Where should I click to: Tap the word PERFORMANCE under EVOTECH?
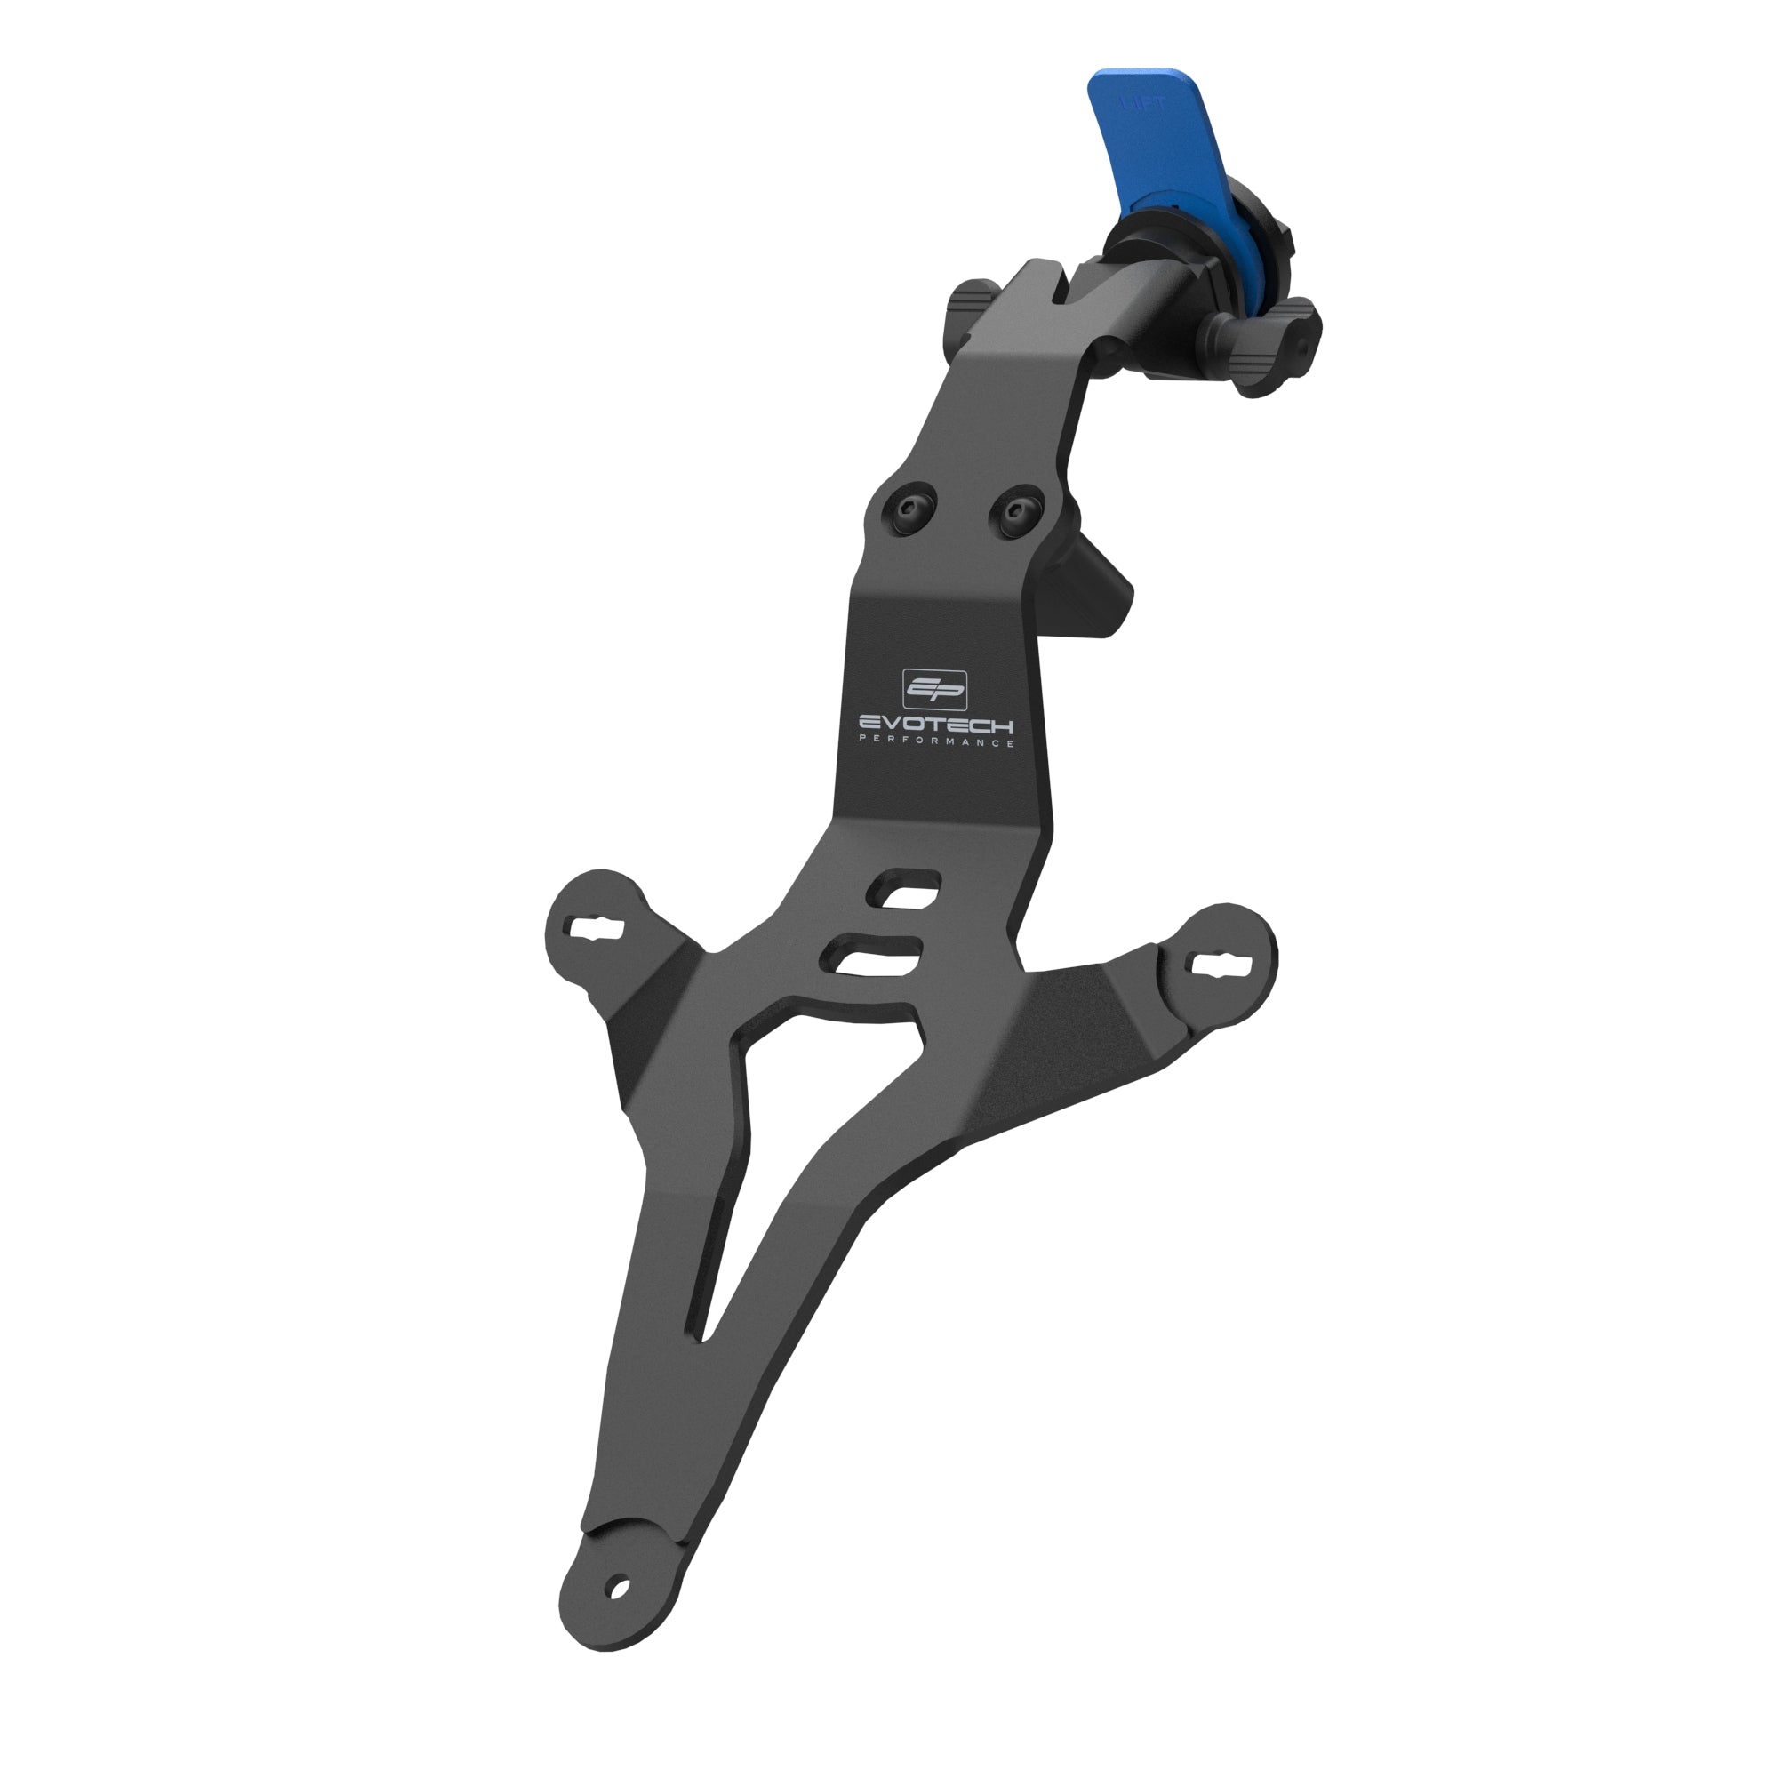[x=936, y=741]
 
